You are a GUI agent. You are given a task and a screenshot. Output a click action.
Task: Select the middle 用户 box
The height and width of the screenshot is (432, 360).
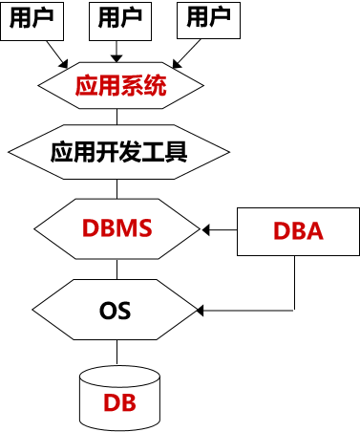[x=118, y=19]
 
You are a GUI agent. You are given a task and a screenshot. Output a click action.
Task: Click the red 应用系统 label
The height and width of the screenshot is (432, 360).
[x=120, y=87]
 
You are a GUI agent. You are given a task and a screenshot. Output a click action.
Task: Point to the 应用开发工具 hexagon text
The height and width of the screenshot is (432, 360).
[x=118, y=151]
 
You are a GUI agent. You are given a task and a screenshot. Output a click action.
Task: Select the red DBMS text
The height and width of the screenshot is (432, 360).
[x=118, y=229]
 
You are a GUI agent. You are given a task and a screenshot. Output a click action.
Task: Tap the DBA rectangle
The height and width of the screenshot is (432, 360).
[x=298, y=230]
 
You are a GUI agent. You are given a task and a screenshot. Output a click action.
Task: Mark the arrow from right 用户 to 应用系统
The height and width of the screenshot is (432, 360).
[x=183, y=54]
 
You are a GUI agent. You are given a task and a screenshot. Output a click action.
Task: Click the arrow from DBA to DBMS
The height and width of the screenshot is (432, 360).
[x=220, y=230]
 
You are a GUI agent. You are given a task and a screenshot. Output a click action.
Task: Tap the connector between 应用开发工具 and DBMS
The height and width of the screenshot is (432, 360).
[x=118, y=188]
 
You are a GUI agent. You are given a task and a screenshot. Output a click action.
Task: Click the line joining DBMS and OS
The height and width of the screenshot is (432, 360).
[x=118, y=269]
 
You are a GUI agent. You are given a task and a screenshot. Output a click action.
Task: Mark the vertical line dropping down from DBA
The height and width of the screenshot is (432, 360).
[x=293, y=283]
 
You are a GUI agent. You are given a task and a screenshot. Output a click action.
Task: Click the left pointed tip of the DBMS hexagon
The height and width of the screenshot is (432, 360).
[x=34, y=230]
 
